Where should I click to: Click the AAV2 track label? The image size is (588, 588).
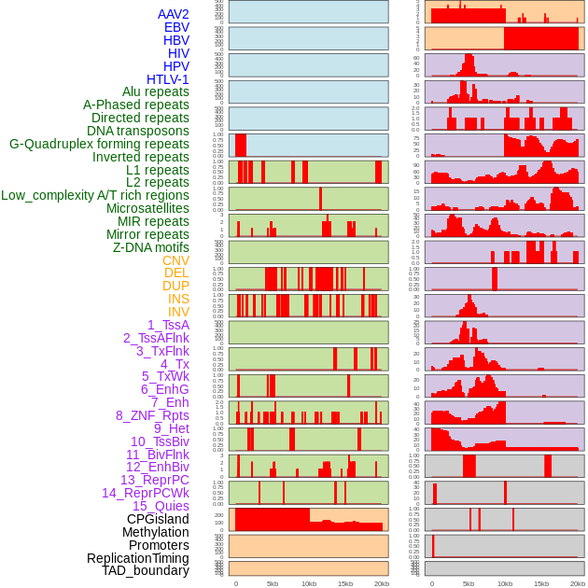(x=173, y=14)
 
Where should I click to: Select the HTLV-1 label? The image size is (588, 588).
(x=167, y=79)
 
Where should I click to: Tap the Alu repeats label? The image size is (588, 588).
(x=155, y=91)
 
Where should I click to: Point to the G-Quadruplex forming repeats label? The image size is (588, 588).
(x=99, y=144)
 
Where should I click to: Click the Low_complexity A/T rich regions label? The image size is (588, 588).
(x=95, y=195)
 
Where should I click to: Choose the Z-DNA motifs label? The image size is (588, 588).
(x=150, y=247)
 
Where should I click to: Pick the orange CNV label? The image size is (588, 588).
(x=175, y=260)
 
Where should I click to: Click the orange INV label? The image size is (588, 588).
(x=178, y=312)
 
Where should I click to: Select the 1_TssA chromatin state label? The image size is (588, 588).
(x=168, y=325)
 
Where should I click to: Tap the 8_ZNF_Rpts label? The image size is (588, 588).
(x=152, y=415)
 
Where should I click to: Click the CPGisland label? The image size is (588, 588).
(x=158, y=519)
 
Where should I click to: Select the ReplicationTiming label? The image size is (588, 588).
(x=137, y=558)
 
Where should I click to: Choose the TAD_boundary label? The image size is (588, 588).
(x=145, y=570)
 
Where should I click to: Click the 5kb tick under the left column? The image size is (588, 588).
(x=273, y=583)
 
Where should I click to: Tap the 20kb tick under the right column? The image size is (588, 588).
(x=579, y=583)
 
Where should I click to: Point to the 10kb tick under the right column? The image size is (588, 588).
(x=505, y=583)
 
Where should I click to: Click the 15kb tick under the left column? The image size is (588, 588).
(x=345, y=583)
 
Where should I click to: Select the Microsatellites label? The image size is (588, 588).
(x=147, y=208)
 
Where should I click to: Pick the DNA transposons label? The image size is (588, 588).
(x=138, y=131)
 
